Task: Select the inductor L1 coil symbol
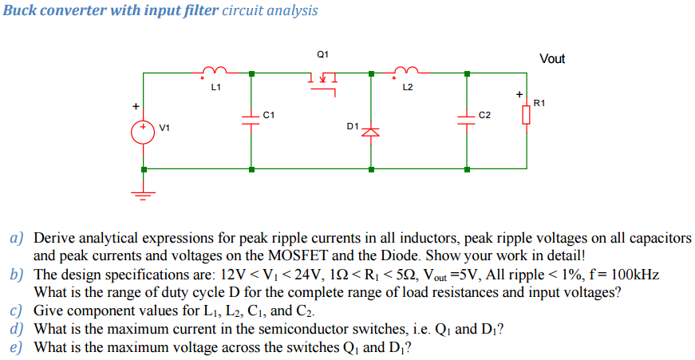215,70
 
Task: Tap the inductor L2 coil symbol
406,70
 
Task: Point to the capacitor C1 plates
251,118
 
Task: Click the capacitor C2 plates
467,118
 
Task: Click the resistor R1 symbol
526,116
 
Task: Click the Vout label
552,59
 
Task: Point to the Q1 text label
322,54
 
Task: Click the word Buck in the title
20,10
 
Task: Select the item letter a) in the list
16,239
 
